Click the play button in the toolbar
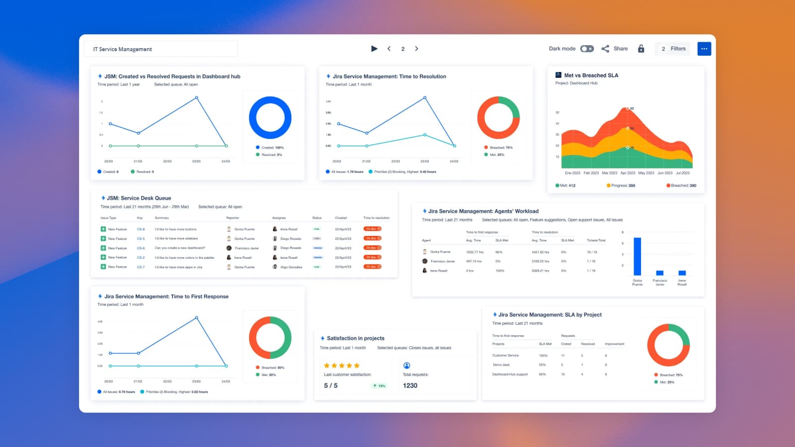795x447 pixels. click(374, 49)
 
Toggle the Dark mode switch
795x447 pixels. click(587, 49)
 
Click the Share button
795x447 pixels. click(615, 49)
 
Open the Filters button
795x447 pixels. click(673, 49)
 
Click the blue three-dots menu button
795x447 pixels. click(704, 49)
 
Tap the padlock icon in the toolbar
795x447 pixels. click(641, 49)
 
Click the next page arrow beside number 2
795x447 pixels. click(416, 49)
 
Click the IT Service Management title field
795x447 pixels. click(160, 49)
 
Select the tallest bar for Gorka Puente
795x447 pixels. click(637, 256)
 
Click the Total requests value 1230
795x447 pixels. click(410, 385)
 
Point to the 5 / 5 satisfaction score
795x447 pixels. click(330, 385)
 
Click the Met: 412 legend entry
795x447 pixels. click(565, 185)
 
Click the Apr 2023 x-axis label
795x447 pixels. click(628, 173)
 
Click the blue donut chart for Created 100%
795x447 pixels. click(270, 118)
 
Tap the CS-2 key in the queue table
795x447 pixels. click(141, 257)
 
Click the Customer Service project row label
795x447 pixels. click(505, 355)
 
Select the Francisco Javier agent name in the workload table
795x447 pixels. click(442, 261)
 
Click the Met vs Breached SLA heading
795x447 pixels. click(591, 75)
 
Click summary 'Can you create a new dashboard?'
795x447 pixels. click(179, 248)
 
